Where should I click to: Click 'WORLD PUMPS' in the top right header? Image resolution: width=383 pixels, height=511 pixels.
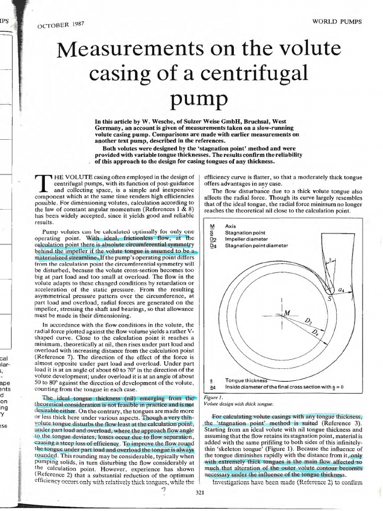tap(337, 21)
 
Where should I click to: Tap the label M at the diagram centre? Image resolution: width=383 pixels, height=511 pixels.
tap(286, 312)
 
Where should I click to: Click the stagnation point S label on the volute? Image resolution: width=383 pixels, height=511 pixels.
tap(329, 298)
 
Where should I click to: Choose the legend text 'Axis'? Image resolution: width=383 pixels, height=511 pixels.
tap(231, 226)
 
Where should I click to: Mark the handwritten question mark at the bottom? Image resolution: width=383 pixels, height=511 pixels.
tap(163, 492)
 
